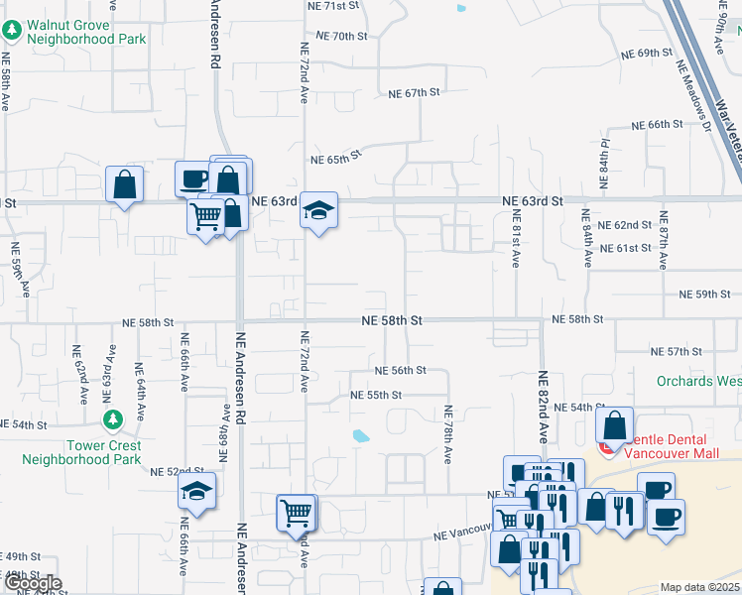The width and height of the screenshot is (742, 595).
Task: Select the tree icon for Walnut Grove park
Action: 12,30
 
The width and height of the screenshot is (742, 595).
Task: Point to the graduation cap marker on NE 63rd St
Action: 319,211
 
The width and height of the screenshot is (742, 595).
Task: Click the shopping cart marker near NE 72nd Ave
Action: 297,514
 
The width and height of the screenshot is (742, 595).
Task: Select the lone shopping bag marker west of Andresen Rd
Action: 124,184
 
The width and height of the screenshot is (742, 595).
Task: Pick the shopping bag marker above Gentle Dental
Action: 614,425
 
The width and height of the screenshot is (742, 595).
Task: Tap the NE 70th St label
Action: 341,36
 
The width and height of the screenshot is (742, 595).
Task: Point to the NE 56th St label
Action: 400,370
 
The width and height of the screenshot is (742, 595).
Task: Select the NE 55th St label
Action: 376,395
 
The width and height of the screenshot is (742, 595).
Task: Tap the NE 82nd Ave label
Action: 543,407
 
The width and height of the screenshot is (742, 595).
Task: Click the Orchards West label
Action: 698,381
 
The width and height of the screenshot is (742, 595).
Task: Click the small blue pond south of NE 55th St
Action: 360,435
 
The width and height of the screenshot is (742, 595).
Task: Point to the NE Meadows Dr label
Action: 693,95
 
